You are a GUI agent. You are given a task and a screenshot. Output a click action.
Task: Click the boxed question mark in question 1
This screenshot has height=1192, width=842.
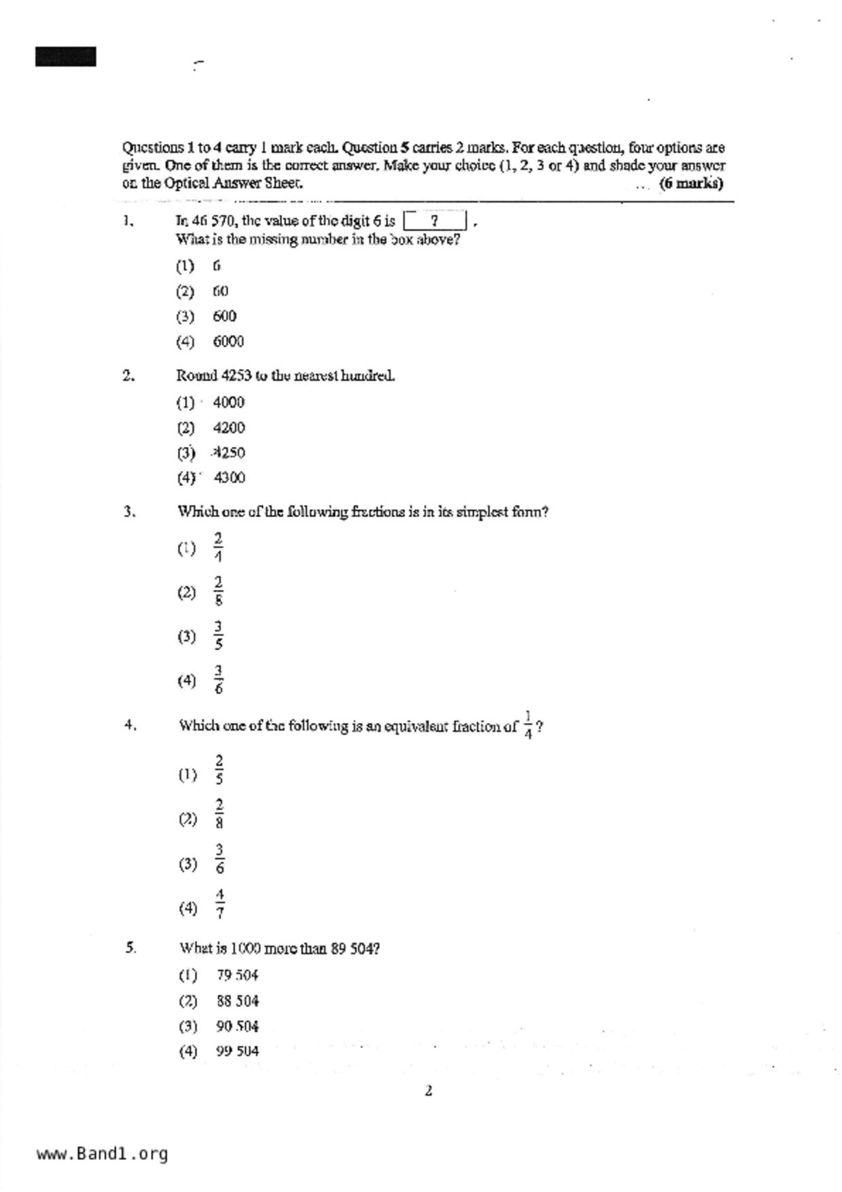pos(434,221)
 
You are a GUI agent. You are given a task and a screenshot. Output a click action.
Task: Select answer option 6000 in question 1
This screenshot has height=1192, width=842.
pos(228,342)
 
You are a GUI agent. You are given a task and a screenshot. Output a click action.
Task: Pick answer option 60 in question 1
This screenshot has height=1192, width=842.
pos(220,292)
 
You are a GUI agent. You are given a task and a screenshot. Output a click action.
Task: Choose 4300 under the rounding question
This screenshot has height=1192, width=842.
pos(229,478)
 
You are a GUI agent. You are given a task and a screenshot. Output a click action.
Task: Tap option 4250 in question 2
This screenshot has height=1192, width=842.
pos(229,453)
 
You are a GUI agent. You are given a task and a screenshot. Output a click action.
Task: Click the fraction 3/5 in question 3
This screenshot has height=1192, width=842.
pos(218,636)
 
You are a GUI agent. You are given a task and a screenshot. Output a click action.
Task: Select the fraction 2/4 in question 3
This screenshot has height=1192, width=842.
pos(217,548)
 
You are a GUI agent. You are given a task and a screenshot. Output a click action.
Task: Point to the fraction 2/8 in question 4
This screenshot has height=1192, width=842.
pos(220,814)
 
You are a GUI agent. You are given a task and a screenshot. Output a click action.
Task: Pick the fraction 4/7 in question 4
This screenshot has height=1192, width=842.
pos(220,905)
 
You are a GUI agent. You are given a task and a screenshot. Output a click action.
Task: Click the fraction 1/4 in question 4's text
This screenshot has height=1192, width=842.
pos(528,725)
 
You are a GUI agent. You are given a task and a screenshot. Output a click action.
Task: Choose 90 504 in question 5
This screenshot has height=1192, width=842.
pos(237,1026)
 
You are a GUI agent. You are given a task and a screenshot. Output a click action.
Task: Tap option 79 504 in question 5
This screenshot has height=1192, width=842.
pos(237,976)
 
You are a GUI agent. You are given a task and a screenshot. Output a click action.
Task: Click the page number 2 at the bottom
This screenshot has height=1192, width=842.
pos(428,1091)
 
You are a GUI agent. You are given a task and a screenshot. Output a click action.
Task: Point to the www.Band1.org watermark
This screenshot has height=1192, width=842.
pos(102,1154)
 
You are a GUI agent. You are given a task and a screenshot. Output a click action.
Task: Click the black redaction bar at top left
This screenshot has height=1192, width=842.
pos(65,56)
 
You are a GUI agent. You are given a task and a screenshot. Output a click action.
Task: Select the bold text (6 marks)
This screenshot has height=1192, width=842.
pos(690,183)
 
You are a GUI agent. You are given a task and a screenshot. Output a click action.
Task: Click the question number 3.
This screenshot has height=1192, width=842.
pos(129,512)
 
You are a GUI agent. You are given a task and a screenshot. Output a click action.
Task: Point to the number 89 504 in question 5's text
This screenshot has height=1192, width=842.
pos(355,949)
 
